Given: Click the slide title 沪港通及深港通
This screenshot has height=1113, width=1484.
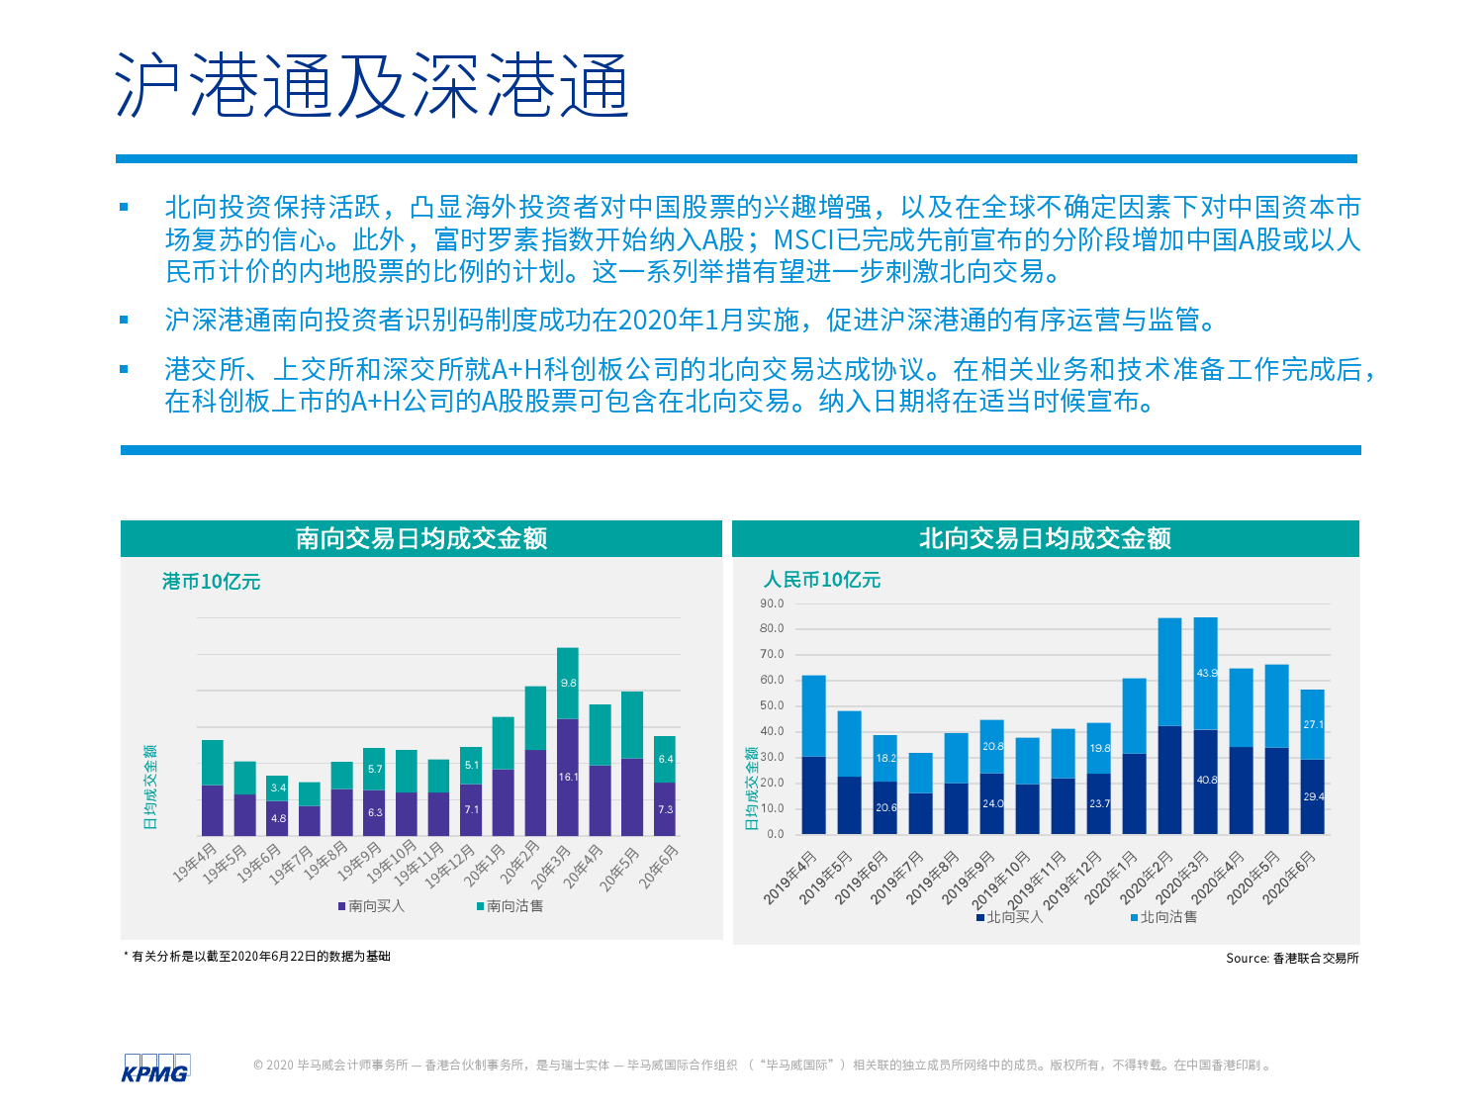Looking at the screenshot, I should click(x=372, y=85).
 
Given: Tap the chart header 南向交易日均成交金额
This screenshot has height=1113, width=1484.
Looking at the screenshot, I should click(x=421, y=538).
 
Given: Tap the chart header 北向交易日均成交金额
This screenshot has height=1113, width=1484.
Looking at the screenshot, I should click(x=1045, y=538).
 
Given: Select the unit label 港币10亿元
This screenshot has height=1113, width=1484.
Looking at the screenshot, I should click(x=211, y=582).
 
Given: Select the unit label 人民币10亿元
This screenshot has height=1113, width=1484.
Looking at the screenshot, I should click(x=821, y=580).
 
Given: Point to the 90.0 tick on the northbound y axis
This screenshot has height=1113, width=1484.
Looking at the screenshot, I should click(x=772, y=603).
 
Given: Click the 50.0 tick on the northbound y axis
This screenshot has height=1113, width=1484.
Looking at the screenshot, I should click(x=772, y=706).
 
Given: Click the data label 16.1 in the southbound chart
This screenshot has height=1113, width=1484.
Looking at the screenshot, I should click(x=568, y=778).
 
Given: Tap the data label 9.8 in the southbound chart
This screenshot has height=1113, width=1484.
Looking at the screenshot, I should click(x=568, y=684).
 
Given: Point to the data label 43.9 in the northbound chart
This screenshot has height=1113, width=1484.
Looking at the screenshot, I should click(x=1207, y=674).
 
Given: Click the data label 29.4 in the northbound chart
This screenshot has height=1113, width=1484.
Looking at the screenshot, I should click(x=1313, y=796).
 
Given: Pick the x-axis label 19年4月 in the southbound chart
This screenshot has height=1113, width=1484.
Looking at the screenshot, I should click(x=196, y=863).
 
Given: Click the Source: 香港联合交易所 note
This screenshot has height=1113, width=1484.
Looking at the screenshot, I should click(x=1292, y=959).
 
